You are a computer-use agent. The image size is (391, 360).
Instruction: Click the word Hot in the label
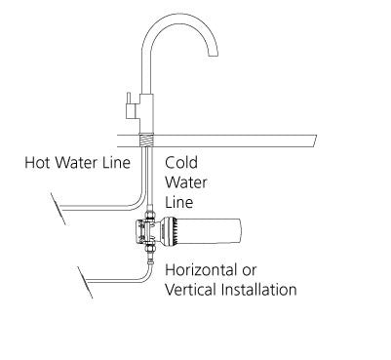[x=38, y=162]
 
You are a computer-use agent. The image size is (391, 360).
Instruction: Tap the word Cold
[x=182, y=162]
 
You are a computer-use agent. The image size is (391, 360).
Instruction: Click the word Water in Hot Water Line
[x=80, y=162]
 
